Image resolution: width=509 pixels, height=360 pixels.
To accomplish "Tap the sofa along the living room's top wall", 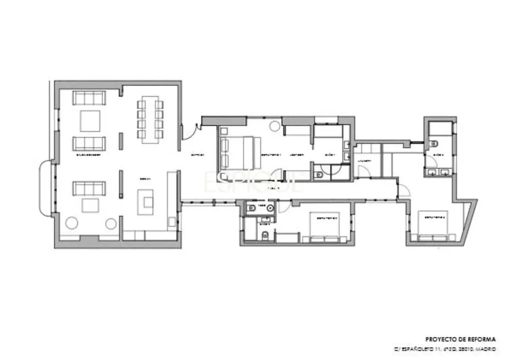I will coord(89,98).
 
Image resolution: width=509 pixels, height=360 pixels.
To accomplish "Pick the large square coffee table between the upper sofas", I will coord(90,121).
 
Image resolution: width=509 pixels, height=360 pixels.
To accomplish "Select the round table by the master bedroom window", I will coord(274,126).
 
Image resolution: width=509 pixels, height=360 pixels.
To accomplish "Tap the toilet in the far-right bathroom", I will coord(433,144).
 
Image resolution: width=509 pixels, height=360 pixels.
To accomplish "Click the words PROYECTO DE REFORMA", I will coord(461,339).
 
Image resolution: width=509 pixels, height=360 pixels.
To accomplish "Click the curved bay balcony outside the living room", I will coord(45,189).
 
